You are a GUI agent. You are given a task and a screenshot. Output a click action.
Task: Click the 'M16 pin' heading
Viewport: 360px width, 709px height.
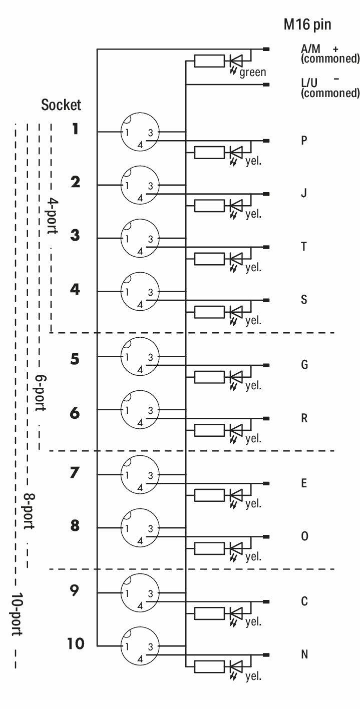click(307, 25)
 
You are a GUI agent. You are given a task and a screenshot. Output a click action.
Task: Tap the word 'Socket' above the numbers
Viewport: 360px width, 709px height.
click(61, 105)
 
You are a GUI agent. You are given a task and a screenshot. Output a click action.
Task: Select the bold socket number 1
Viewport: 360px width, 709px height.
click(75, 129)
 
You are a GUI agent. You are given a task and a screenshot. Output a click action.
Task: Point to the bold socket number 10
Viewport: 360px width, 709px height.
click(76, 643)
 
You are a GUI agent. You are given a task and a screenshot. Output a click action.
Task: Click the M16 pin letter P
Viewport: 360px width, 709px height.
click(304, 140)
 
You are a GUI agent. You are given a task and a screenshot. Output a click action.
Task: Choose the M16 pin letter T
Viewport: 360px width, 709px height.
click(304, 246)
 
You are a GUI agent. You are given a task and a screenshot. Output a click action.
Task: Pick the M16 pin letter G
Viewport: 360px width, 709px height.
click(304, 365)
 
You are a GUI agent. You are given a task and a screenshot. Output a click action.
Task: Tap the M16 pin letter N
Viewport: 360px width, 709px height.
click(304, 654)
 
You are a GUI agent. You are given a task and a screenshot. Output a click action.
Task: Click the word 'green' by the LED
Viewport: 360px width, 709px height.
click(253, 73)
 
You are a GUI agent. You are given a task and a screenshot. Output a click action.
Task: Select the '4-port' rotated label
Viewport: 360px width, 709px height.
click(53, 216)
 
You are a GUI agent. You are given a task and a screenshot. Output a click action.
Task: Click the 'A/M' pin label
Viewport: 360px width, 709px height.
click(310, 49)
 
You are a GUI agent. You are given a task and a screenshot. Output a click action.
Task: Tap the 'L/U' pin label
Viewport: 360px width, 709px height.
click(309, 83)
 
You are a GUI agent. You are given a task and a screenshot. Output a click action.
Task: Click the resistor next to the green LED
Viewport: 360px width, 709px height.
click(209, 61)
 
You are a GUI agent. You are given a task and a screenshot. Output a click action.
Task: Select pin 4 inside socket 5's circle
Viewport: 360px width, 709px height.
click(140, 369)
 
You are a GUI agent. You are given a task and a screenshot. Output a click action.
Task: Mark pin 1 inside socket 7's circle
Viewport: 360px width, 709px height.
click(127, 475)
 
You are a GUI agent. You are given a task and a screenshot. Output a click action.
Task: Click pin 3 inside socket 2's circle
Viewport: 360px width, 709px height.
click(150, 186)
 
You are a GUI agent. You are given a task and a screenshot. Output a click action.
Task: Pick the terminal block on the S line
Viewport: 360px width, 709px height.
click(266, 300)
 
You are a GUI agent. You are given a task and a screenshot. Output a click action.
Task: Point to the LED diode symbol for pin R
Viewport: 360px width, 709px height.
click(236, 430)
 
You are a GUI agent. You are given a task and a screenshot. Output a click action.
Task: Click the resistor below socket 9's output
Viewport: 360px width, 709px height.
click(209, 613)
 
